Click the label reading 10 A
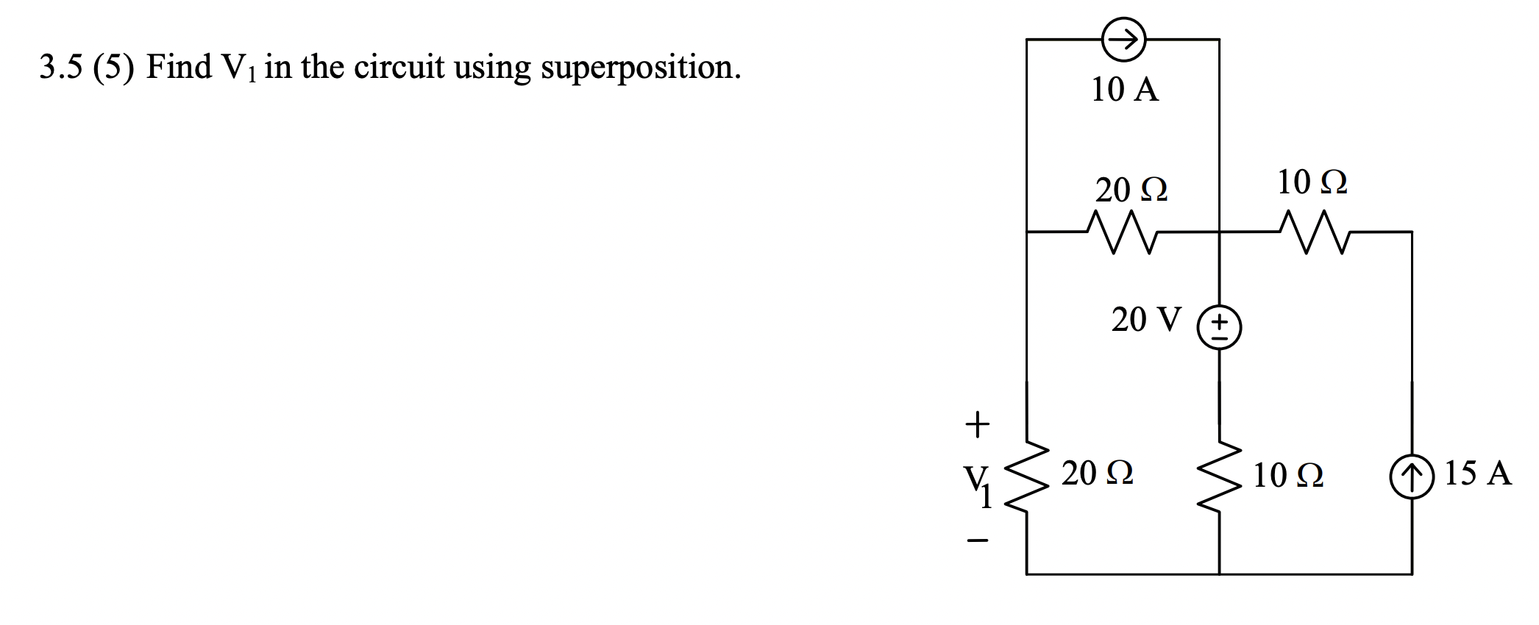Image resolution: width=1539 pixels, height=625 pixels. point(1124,89)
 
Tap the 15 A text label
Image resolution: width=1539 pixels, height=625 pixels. point(1477,473)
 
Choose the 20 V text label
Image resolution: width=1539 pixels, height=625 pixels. point(1145,319)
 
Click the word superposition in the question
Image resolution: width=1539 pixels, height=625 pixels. point(640,68)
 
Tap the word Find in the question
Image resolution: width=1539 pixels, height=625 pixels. point(179,67)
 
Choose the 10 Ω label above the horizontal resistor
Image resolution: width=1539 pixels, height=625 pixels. point(1312,182)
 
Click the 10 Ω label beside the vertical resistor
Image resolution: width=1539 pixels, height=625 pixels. point(1288,475)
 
